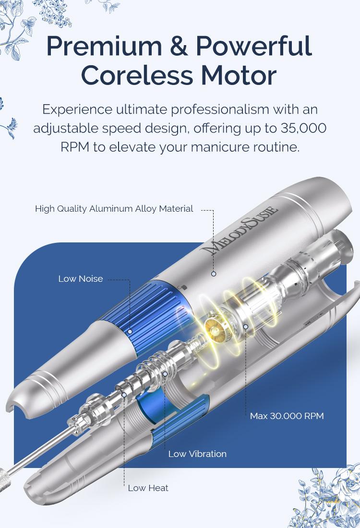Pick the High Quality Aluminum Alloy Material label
[114, 209]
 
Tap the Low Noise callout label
[81, 279]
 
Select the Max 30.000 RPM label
[287, 416]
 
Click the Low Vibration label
[197, 454]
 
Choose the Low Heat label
[148, 488]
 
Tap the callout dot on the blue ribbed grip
[130, 332]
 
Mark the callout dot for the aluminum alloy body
[214, 274]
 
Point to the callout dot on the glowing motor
[246, 326]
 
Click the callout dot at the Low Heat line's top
[124, 395]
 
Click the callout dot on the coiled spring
[165, 374]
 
